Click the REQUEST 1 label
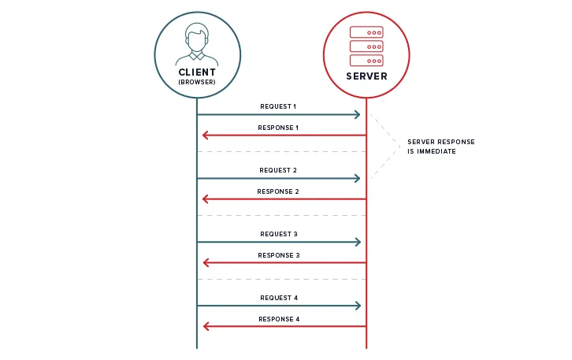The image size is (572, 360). (x=279, y=106)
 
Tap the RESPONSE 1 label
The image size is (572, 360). (x=279, y=128)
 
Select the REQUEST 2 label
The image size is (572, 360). (x=279, y=170)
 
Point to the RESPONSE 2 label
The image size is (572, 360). (x=279, y=191)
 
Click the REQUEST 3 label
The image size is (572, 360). (x=279, y=234)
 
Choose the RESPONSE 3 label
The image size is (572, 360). (x=279, y=255)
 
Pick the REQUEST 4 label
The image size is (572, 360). (x=279, y=298)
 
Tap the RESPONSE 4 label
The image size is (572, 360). (x=279, y=319)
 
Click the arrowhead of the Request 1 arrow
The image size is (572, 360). (x=358, y=115)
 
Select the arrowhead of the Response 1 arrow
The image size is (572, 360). (x=206, y=136)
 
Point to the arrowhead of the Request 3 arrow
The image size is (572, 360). (x=358, y=242)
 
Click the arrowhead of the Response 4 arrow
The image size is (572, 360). (x=206, y=326)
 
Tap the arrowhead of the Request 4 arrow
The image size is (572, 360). (x=358, y=306)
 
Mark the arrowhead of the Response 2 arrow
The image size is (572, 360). (x=206, y=199)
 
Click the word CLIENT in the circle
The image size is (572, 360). (x=197, y=72)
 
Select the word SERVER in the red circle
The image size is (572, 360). (x=366, y=76)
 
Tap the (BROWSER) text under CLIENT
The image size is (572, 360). (x=197, y=82)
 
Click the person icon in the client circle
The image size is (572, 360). (x=197, y=43)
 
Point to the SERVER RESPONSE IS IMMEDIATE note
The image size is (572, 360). (x=440, y=147)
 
